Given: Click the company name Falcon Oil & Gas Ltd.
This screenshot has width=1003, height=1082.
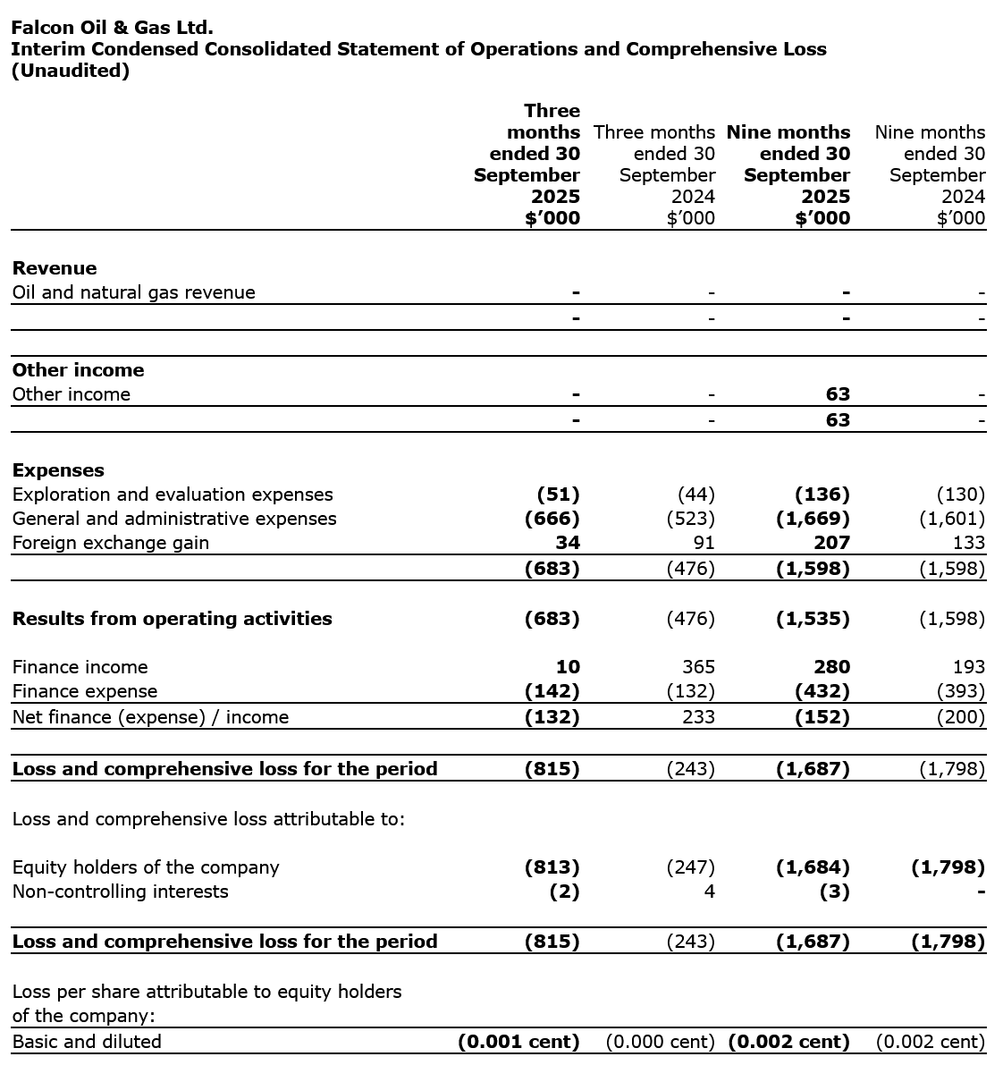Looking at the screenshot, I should coord(112,28).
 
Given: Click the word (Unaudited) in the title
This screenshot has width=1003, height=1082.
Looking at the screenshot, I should coord(70,71).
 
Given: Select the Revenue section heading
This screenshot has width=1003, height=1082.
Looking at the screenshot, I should coord(55,268).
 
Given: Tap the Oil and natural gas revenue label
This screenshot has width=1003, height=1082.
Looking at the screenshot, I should coord(133,292).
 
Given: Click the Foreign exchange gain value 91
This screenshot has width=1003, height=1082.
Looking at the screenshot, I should coord(704,543).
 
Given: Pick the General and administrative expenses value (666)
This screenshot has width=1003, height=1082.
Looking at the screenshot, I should coord(552,519).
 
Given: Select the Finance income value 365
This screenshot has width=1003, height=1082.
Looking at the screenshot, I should coord(698,667).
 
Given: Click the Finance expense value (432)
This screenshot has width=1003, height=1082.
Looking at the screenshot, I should coord(822,691).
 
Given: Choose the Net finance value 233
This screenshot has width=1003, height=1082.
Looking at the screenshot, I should coord(698,717).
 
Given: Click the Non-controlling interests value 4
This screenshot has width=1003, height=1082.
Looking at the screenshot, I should coord(709,892).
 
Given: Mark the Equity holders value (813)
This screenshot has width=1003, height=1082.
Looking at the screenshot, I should coord(552,867).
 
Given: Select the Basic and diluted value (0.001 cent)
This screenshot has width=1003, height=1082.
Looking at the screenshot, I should coord(518,1042).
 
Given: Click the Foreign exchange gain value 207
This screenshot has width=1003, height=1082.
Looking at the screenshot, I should coord(832,543).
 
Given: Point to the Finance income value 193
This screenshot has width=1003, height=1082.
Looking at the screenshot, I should coord(968,667).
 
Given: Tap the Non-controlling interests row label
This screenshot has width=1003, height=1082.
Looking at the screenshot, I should coord(120,892).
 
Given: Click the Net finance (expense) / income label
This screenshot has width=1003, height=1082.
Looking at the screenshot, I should coord(150,717).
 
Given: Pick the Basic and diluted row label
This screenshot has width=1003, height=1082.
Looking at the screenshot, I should coord(87,1042).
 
